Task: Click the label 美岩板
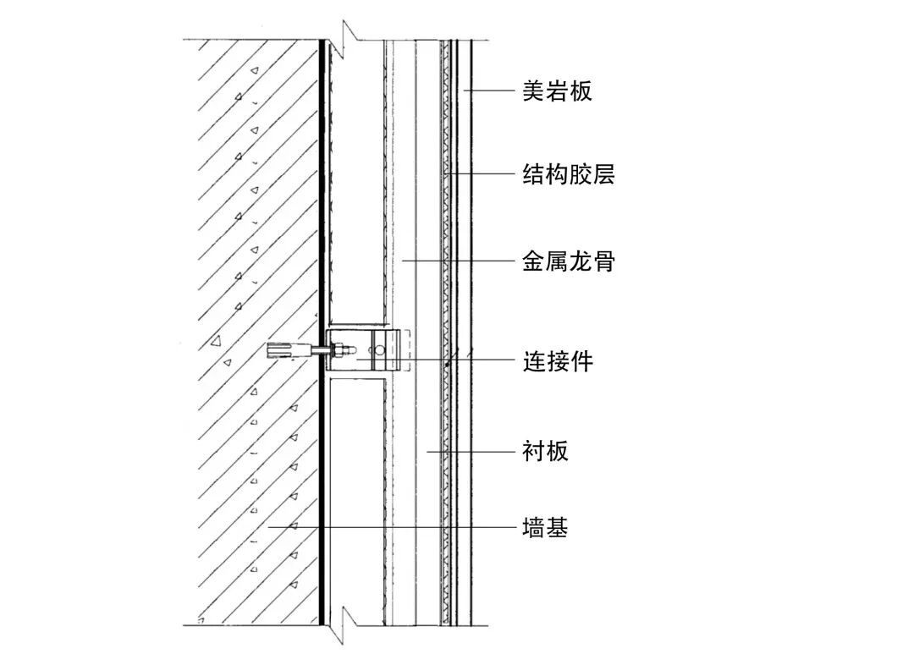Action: pos(556,91)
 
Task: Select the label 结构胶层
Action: pos(568,175)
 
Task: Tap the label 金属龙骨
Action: pos(568,261)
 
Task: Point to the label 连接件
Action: pos(557,361)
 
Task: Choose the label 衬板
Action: pos(545,451)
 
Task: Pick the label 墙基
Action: pos(545,528)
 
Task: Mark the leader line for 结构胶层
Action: pos(482,174)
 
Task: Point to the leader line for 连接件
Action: pos(474,360)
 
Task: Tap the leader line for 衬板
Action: pos(474,451)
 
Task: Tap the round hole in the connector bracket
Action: pos(380,348)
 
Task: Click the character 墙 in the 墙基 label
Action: pos(533,528)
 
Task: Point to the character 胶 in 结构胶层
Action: pos(580,175)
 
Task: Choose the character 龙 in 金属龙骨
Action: pos(580,261)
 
